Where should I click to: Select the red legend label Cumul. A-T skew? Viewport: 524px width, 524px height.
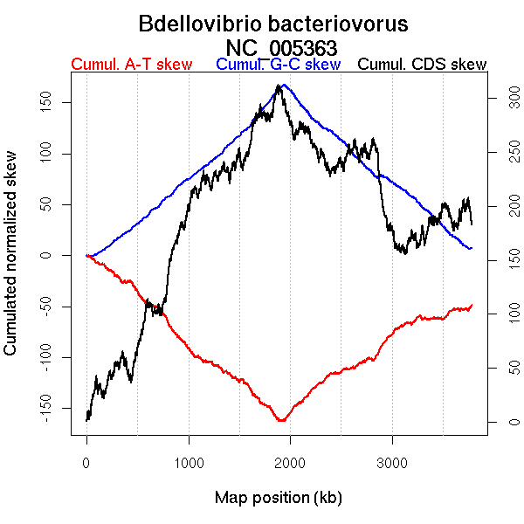tap(131, 65)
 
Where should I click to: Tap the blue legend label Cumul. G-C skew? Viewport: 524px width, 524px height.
tap(278, 65)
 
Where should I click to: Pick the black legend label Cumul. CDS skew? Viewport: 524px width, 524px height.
tap(423, 65)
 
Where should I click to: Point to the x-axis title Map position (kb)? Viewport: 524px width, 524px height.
tap(278, 498)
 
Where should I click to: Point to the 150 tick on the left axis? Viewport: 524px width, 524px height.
tap(55, 102)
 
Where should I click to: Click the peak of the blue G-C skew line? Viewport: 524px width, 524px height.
tap(284, 85)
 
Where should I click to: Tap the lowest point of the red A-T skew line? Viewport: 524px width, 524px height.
tap(281, 421)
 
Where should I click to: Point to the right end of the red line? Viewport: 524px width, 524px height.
tap(472, 305)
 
